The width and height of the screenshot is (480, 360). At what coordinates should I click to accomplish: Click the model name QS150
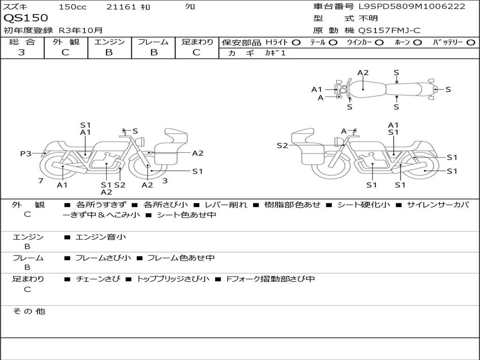[26, 18]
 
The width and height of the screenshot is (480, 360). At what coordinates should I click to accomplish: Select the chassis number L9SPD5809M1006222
[412, 7]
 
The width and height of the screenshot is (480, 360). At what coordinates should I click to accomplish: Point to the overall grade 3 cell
[22, 52]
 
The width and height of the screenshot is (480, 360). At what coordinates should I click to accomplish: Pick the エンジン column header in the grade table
[109, 42]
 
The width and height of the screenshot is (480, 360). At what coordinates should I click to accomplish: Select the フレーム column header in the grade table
[153, 42]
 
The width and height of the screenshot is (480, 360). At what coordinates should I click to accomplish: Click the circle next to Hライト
[296, 42]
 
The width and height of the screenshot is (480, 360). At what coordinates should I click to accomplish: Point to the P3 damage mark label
[26, 153]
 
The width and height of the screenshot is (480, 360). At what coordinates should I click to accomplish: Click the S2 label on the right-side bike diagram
[282, 145]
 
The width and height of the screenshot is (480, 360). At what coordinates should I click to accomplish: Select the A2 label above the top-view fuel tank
[363, 73]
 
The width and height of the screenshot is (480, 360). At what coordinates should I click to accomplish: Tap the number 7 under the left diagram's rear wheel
[41, 180]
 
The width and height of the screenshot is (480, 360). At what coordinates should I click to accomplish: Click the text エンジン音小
[100, 237]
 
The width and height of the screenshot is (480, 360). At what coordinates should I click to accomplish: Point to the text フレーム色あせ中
[180, 258]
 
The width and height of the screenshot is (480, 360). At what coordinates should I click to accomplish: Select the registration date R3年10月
[81, 30]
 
